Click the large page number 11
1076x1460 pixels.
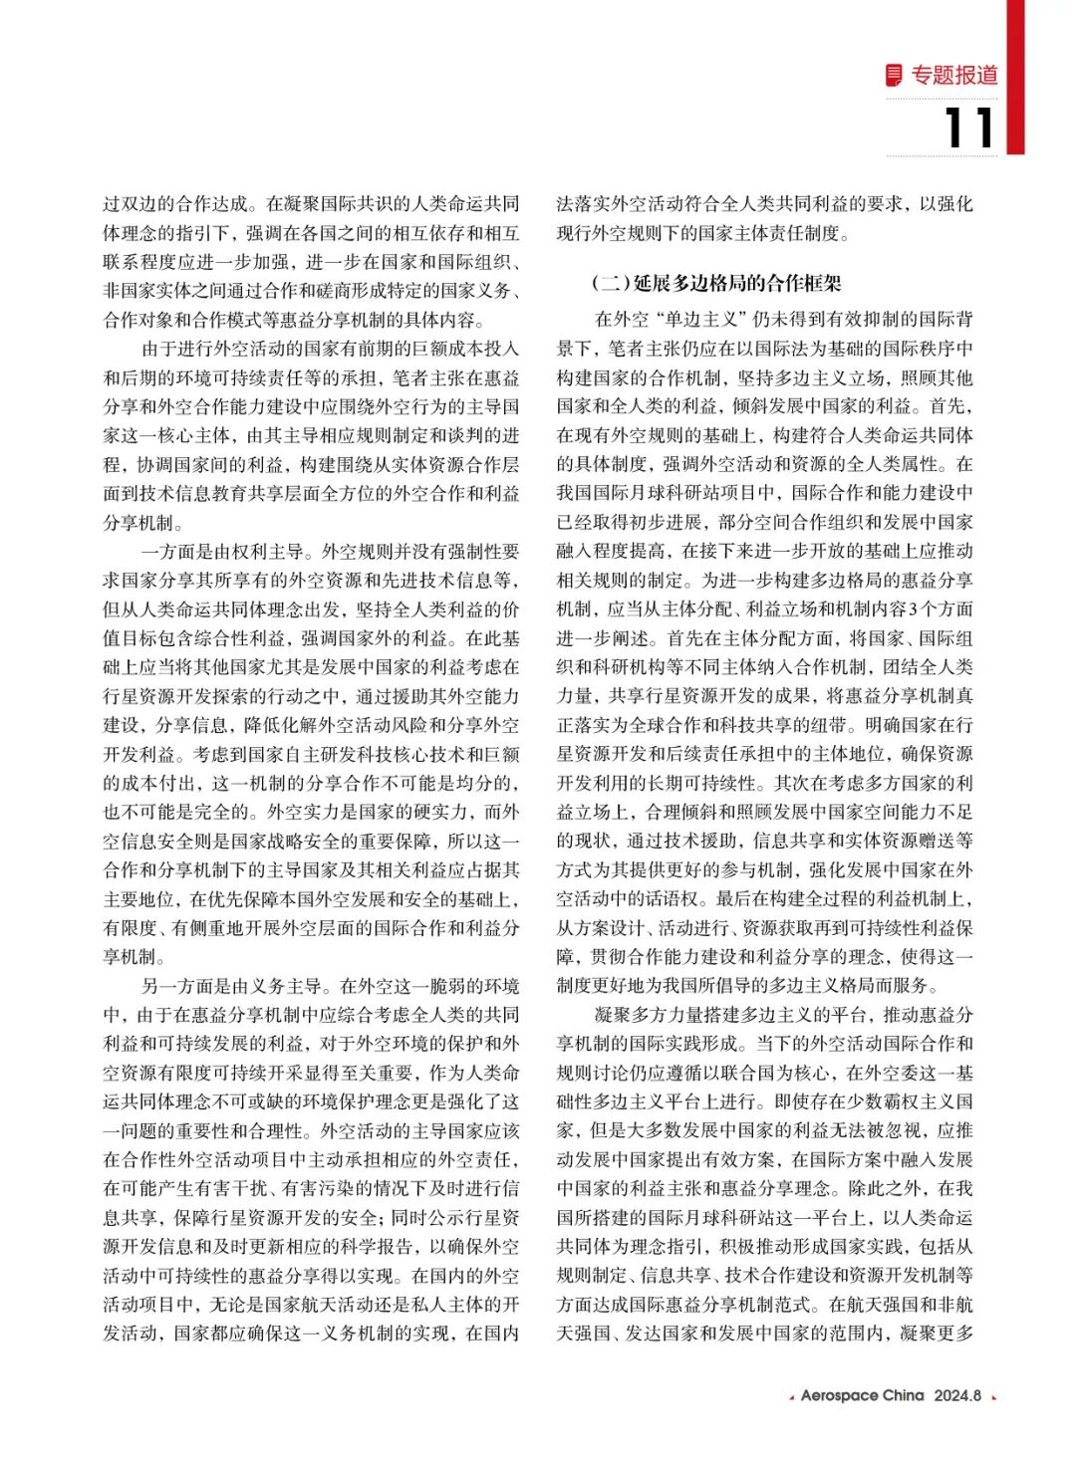tap(968, 128)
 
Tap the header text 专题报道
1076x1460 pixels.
tap(954, 76)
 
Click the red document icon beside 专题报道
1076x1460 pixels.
tap(895, 75)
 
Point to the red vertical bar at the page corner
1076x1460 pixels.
tap(1014, 77)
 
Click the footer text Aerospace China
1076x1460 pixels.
tap(862, 1395)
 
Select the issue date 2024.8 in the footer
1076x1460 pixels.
tap(957, 1395)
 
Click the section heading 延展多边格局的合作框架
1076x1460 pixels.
tap(737, 283)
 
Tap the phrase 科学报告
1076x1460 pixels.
tap(382, 1247)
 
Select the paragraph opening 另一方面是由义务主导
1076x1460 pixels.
tap(231, 986)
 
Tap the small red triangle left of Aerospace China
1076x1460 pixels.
tap(791, 1397)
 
